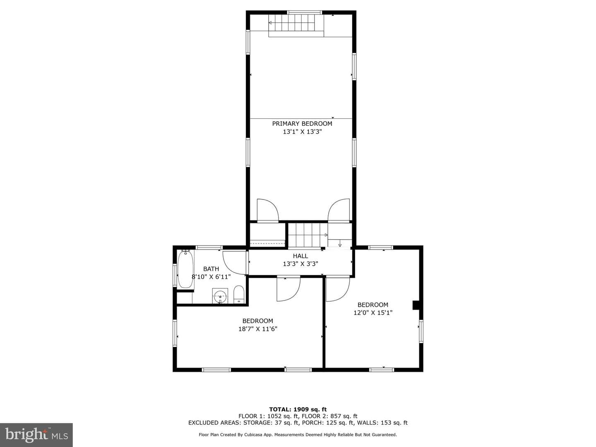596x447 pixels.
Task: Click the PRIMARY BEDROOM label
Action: click(x=302, y=124)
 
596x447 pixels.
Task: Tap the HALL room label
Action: click(x=300, y=256)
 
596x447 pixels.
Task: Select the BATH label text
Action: click(x=211, y=269)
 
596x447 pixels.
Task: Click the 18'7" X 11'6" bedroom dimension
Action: click(x=258, y=329)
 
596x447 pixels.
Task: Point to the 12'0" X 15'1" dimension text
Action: click(x=373, y=312)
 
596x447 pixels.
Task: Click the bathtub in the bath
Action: click(x=185, y=269)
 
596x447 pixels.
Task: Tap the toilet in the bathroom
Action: click(x=239, y=294)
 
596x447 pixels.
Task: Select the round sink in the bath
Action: click(x=220, y=296)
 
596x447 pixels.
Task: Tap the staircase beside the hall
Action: click(x=308, y=235)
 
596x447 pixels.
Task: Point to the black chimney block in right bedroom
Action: click(x=416, y=305)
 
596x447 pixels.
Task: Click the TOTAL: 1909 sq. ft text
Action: click(x=298, y=409)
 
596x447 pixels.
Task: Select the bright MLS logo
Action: click(x=36, y=435)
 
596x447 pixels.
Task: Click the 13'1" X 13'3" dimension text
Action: click(x=302, y=132)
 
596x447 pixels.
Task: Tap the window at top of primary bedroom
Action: click(x=304, y=12)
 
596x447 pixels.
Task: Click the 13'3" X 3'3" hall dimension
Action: click(x=300, y=264)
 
